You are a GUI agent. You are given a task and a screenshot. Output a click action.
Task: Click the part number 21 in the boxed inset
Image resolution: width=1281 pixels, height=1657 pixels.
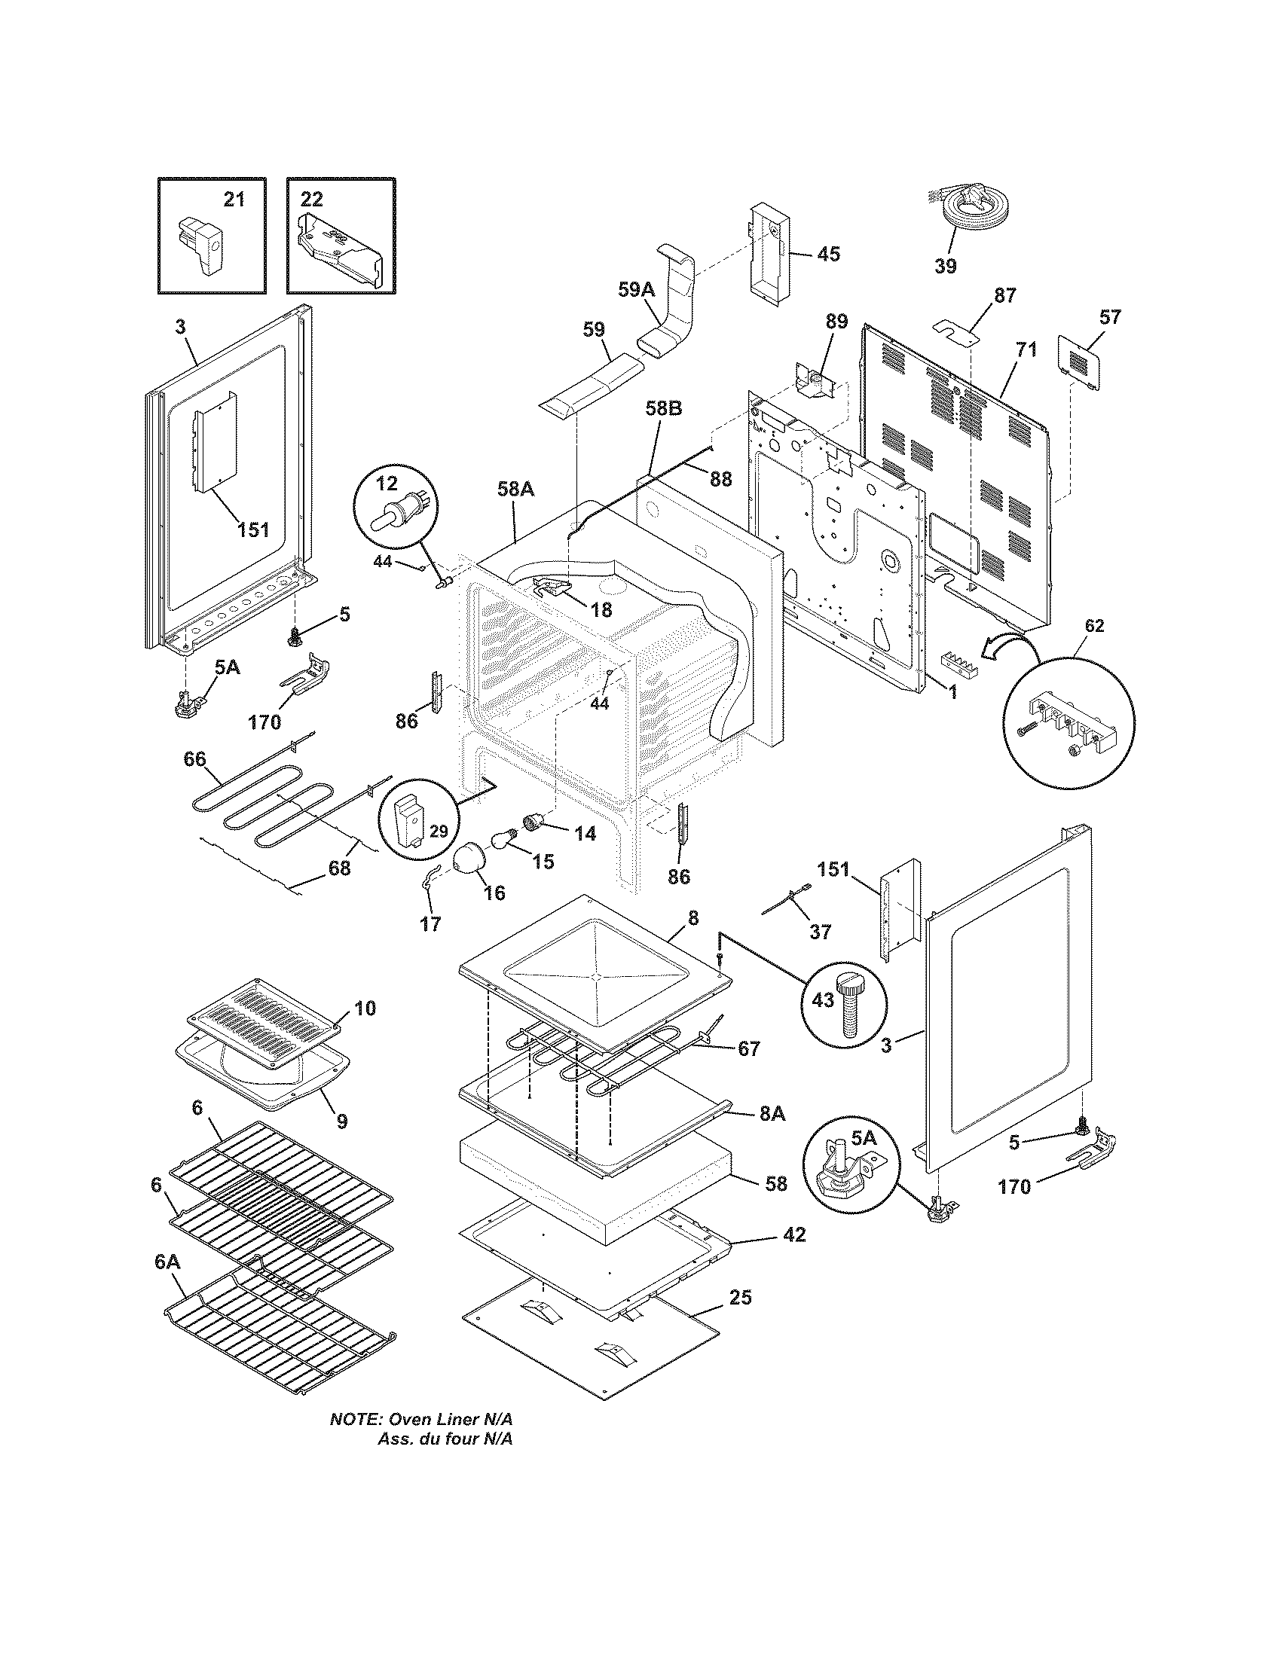[234, 199]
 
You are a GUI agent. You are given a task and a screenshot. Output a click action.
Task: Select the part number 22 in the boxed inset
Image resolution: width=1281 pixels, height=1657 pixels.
[311, 199]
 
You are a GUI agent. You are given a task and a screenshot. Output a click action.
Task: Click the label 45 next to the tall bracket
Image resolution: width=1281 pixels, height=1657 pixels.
[828, 253]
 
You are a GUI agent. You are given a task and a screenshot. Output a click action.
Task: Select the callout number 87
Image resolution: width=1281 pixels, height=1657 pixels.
[1004, 296]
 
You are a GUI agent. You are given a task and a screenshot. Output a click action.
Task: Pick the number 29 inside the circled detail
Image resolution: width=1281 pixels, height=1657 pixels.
[439, 831]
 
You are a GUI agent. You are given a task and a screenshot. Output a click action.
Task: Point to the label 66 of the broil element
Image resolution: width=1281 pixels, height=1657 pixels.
[195, 758]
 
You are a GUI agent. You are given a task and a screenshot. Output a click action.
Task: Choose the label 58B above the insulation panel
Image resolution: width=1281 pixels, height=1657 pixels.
[663, 408]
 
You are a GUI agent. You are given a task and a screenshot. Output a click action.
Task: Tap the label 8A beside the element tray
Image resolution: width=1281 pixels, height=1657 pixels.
[772, 1113]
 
